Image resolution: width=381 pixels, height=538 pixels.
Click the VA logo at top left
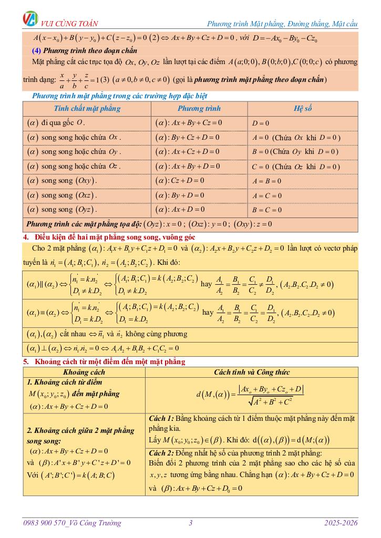pyautogui.click(x=30, y=19)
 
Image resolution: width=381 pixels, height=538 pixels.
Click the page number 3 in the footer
pyautogui.click(x=191, y=523)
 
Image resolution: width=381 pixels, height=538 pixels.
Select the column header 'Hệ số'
pyautogui.click(x=303, y=109)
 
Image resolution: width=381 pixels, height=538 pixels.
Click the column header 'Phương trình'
pyautogui.click(x=199, y=109)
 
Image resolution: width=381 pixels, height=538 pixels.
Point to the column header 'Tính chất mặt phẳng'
pyautogui.click(x=87, y=109)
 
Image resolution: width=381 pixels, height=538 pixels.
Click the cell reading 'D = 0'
pyautogui.click(x=261, y=123)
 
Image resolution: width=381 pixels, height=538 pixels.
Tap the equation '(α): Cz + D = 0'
pyautogui.click(x=180, y=180)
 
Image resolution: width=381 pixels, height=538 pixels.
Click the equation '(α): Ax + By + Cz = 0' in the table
pyautogui.click(x=189, y=122)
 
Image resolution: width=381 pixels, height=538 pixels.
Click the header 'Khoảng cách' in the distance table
pyautogui.click(x=84, y=372)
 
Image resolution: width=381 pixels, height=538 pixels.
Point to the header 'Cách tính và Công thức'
pyautogui.click(x=252, y=372)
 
